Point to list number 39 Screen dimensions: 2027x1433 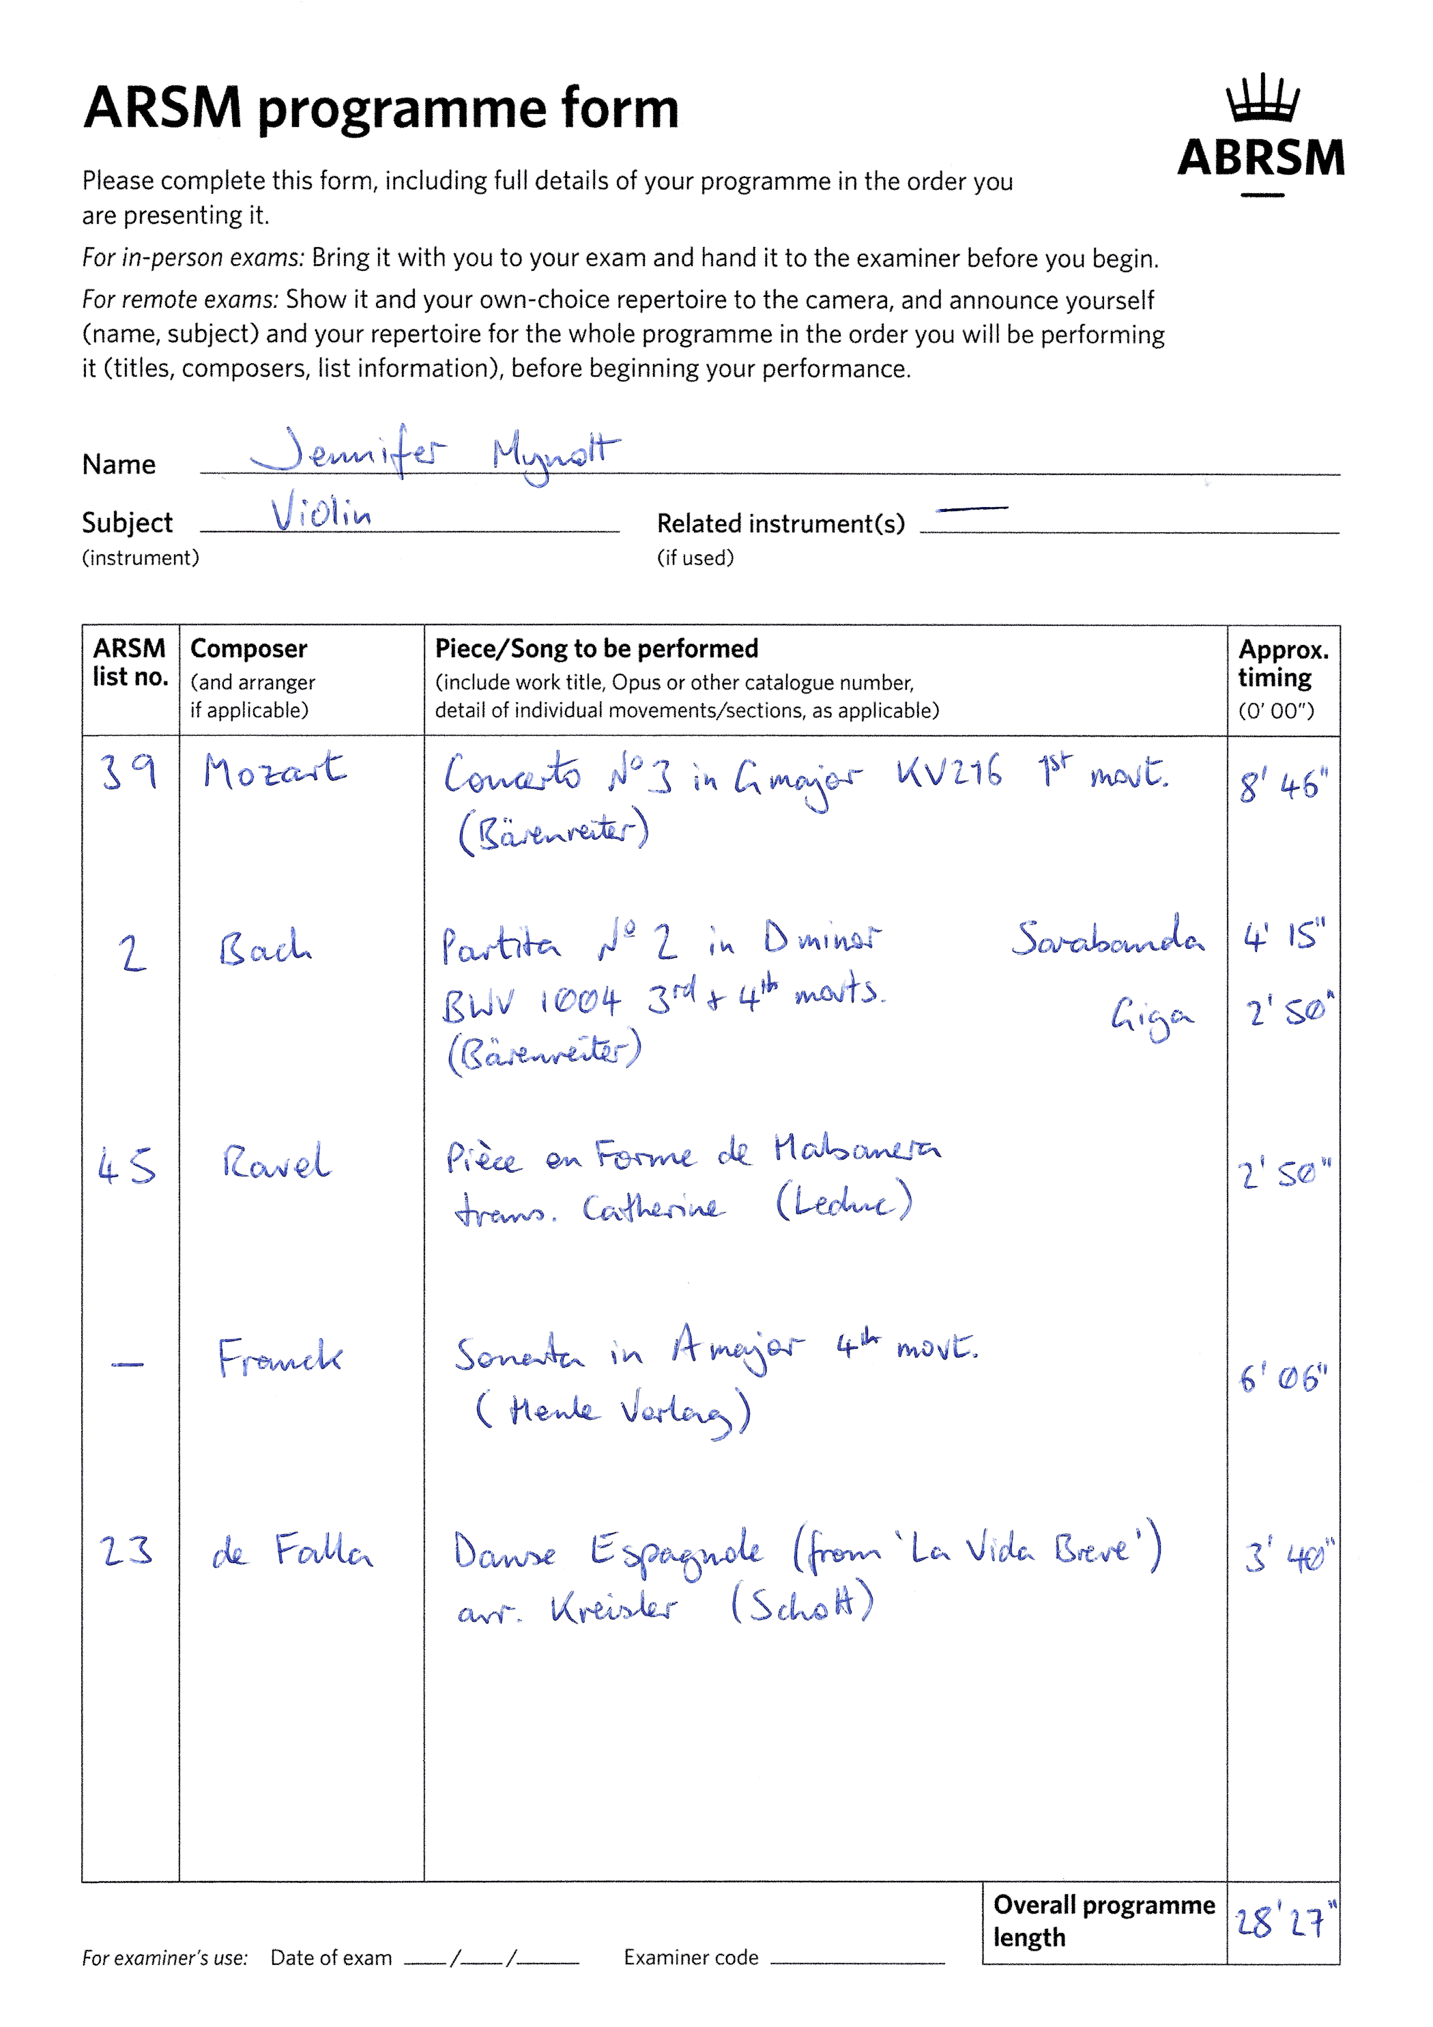coord(129,772)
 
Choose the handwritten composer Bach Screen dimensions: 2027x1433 coord(264,949)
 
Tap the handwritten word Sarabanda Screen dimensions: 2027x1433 coord(1108,938)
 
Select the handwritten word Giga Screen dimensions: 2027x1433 coord(1151,1016)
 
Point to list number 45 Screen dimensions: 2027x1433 coord(127,1166)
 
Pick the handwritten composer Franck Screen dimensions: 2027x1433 coord(280,1357)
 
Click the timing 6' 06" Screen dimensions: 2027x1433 coord(1282,1377)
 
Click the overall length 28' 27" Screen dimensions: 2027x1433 coord(1284,1922)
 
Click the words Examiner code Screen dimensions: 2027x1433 coord(691,1957)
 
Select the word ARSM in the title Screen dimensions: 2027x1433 coord(162,108)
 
